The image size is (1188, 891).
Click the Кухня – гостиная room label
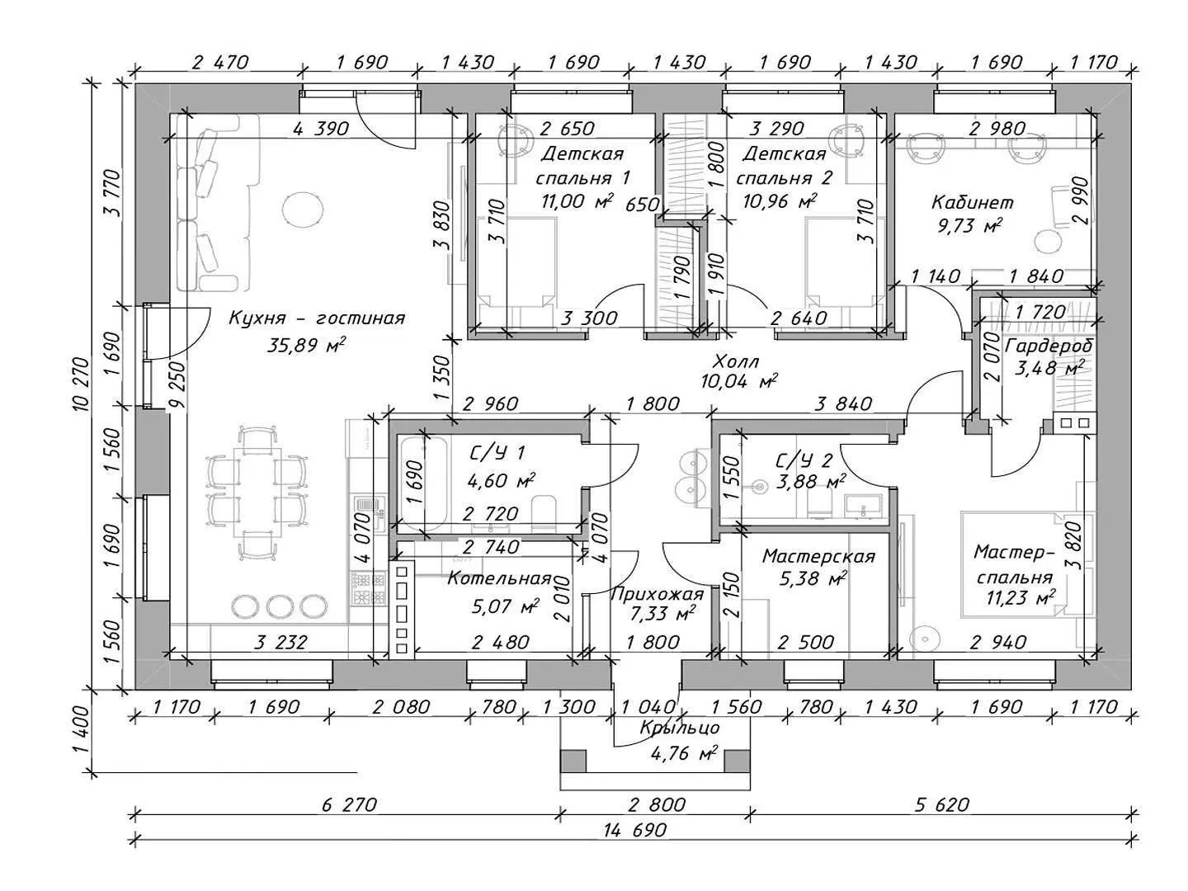317,318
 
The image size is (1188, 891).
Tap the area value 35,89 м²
306,346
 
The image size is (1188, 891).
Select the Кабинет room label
973,202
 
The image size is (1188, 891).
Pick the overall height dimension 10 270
80,388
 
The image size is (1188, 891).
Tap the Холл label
736,361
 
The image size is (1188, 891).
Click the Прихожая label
657,594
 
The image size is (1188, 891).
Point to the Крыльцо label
680,728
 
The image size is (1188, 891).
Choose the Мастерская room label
818,557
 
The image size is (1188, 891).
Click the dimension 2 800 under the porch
656,804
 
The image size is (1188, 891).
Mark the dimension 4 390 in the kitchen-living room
321,129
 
